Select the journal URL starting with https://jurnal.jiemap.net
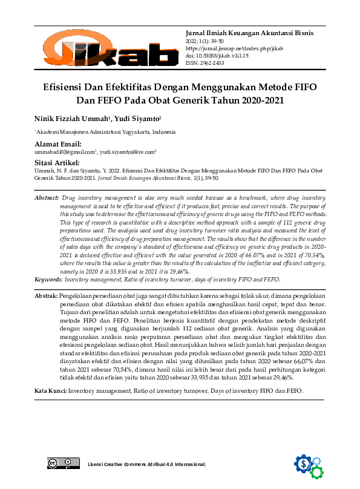point(234,48)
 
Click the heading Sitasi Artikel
point(57,163)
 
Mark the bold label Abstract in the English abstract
point(47,198)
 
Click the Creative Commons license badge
point(64,464)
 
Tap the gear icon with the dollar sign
point(304,464)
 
